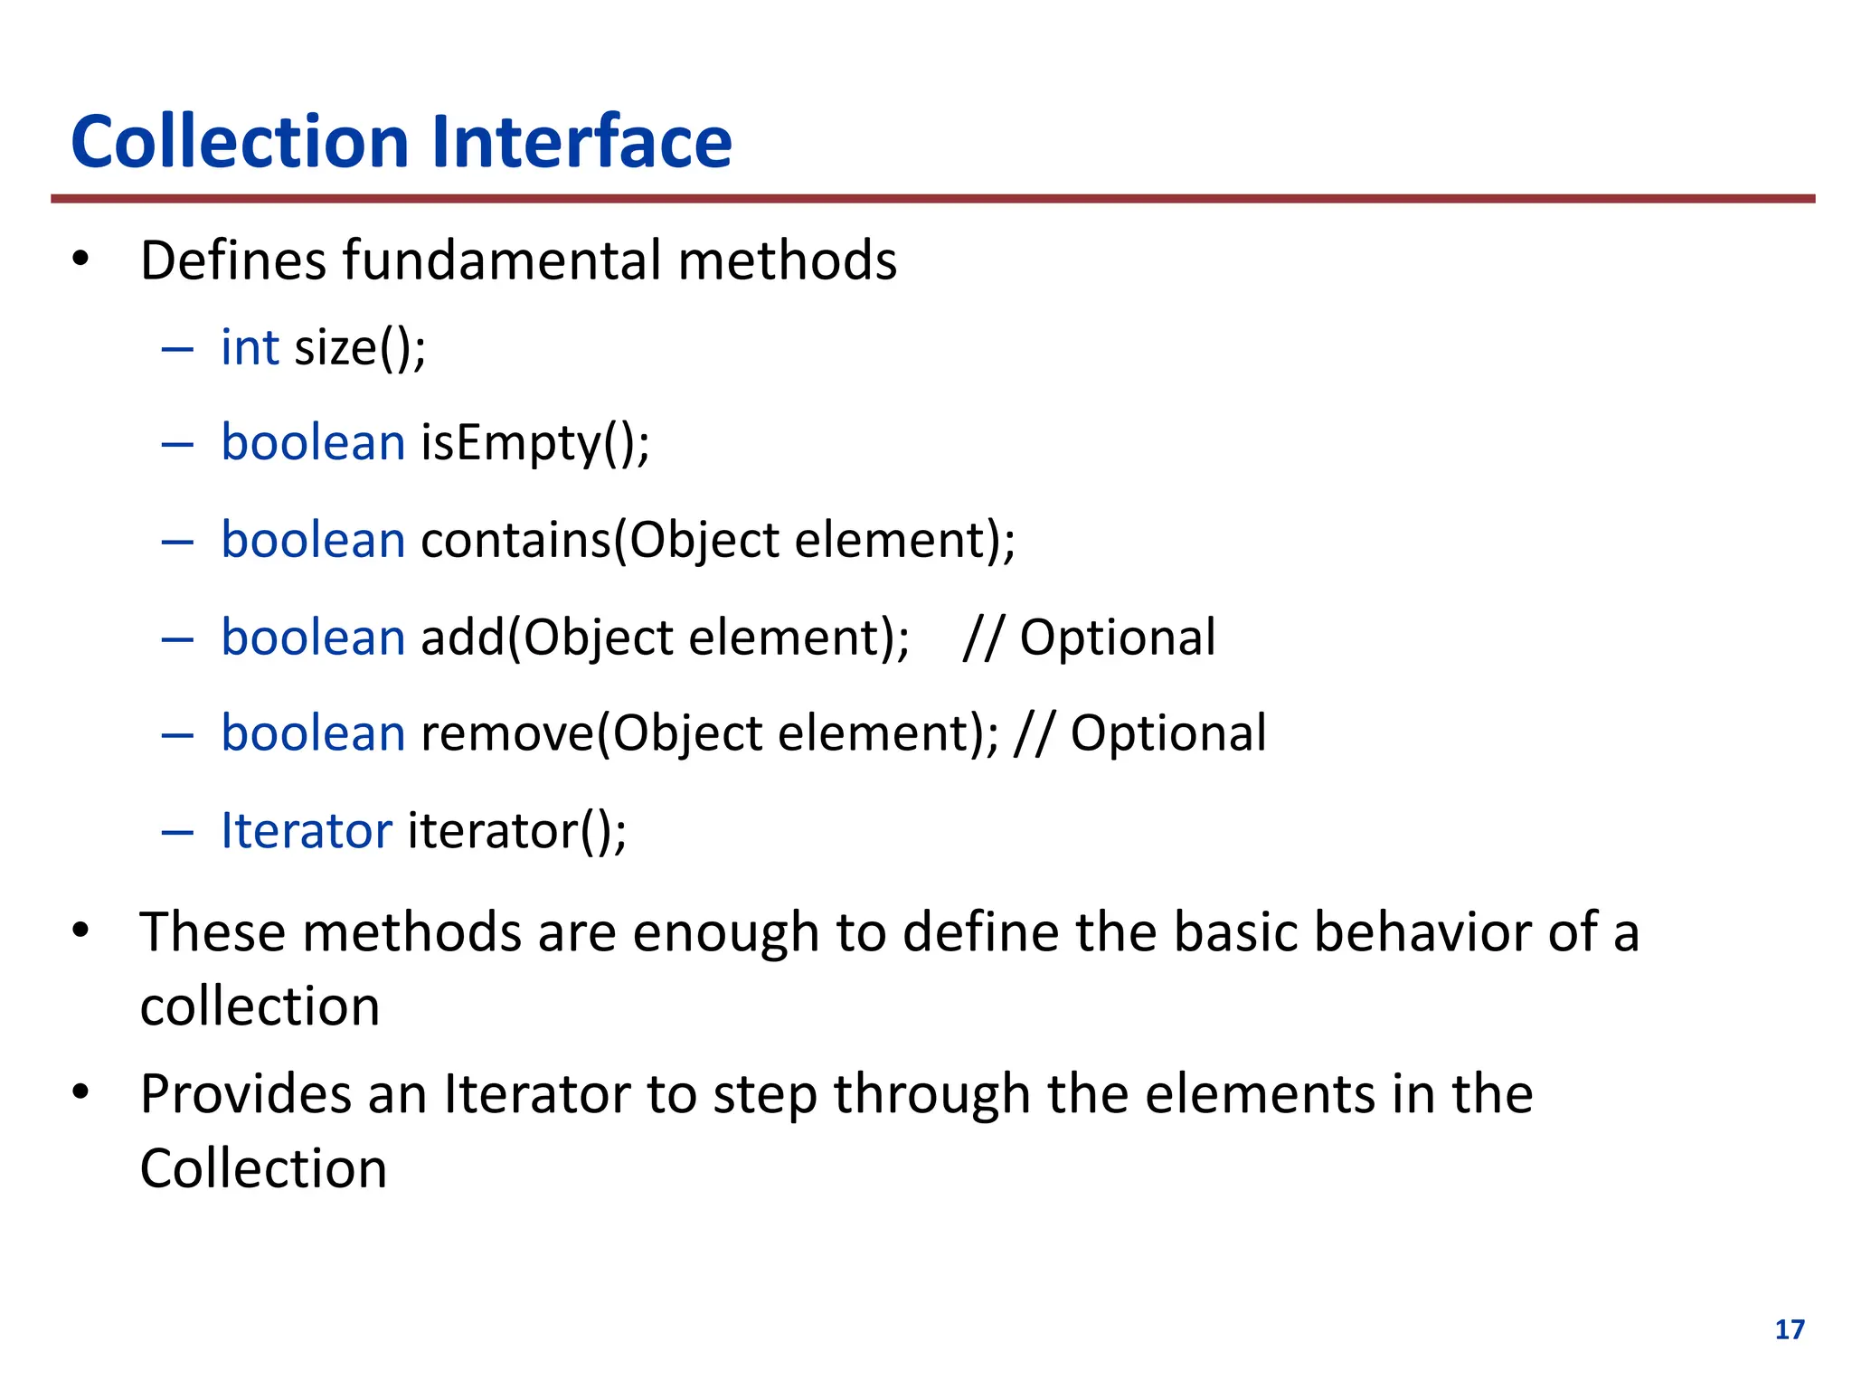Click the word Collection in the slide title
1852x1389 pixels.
click(241, 142)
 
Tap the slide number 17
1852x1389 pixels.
click(1790, 1329)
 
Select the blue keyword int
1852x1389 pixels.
click(250, 347)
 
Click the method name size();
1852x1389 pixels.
click(360, 349)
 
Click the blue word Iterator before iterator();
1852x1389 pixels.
click(307, 830)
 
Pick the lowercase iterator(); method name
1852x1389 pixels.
click(516, 831)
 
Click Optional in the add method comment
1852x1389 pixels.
click(1118, 638)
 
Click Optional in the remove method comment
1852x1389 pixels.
click(1168, 733)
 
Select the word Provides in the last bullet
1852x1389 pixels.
click(245, 1094)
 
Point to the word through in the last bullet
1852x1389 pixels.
click(931, 1096)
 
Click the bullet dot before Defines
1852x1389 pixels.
click(81, 260)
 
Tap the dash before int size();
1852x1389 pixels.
click(177, 349)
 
